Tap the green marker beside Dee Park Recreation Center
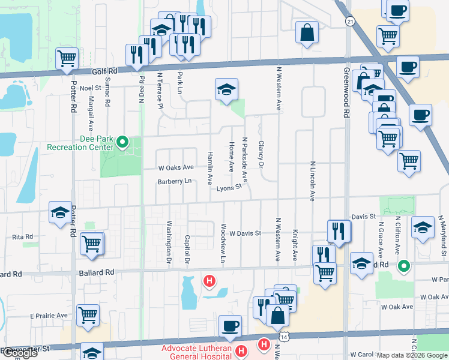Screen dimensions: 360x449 122,142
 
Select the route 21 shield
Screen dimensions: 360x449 349,21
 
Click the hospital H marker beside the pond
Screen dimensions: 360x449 209,280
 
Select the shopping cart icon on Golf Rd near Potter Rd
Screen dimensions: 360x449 67,59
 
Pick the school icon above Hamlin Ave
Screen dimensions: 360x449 226,90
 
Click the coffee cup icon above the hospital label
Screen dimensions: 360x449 231,326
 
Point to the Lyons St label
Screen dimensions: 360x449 229,187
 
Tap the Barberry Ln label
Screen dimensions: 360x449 175,181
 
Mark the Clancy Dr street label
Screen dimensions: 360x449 261,154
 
